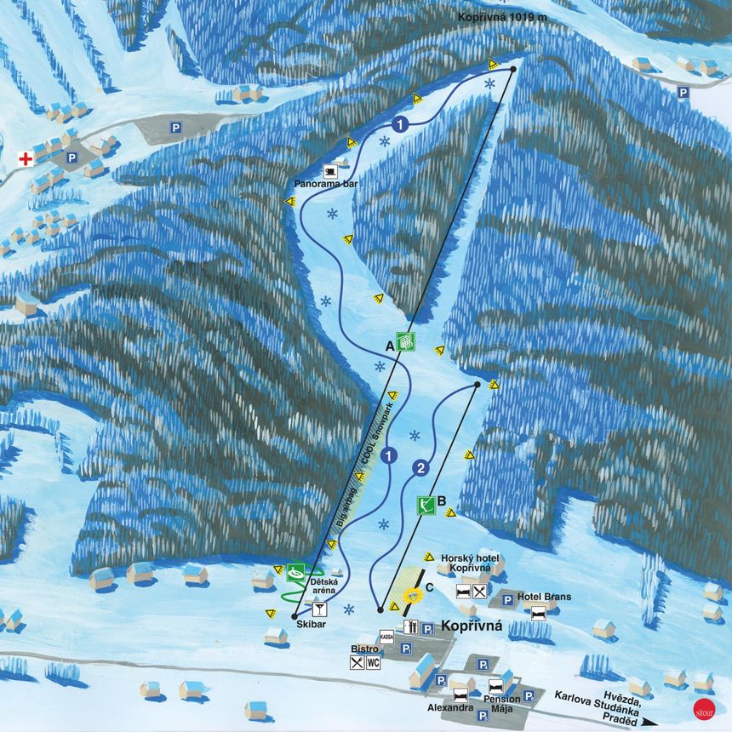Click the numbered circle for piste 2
point(419,467)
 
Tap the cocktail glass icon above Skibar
point(320,608)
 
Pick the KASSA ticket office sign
point(387,636)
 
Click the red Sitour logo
point(703,706)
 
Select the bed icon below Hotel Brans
point(539,613)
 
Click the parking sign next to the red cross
point(72,157)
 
